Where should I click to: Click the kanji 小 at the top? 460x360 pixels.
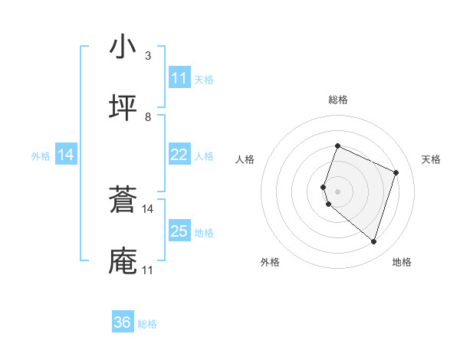(x=123, y=47)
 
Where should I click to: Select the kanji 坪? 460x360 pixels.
(x=123, y=107)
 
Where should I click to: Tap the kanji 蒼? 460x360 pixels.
(x=123, y=201)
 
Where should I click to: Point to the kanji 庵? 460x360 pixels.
(x=123, y=260)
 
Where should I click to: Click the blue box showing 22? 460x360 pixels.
(x=179, y=155)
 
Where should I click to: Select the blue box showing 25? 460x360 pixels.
(x=179, y=231)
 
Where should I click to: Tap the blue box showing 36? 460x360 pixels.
(x=123, y=322)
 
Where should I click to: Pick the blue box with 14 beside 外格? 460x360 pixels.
(x=66, y=155)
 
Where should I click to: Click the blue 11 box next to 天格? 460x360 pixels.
(x=179, y=78)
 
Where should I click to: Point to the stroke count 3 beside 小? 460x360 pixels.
(x=148, y=55)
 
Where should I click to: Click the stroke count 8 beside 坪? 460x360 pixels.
(x=148, y=116)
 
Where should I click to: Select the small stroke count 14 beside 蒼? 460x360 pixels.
(x=148, y=208)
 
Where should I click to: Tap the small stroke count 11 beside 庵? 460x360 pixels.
(x=148, y=270)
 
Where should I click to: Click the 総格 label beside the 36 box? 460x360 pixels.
(x=147, y=324)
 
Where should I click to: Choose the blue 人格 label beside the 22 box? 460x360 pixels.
(x=204, y=156)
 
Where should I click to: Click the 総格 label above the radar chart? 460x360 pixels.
(x=338, y=100)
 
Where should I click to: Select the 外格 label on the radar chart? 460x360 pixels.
(x=270, y=262)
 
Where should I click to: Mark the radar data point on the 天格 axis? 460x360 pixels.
(x=396, y=172)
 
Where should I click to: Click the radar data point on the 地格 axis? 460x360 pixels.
(x=373, y=241)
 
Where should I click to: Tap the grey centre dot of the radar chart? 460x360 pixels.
(x=338, y=191)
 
